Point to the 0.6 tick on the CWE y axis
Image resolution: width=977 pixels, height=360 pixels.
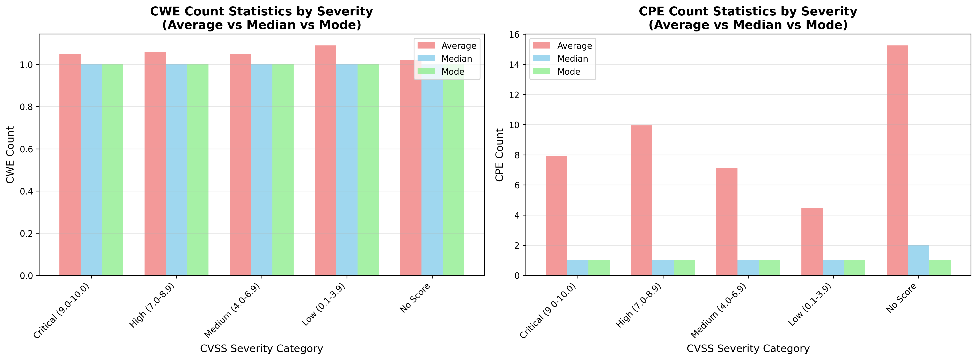tap(27, 149)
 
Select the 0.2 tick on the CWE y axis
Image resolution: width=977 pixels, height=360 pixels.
tap(27, 233)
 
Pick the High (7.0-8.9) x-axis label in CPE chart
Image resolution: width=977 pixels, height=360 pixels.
tap(639, 305)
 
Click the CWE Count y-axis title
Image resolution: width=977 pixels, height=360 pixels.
tap(10, 155)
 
